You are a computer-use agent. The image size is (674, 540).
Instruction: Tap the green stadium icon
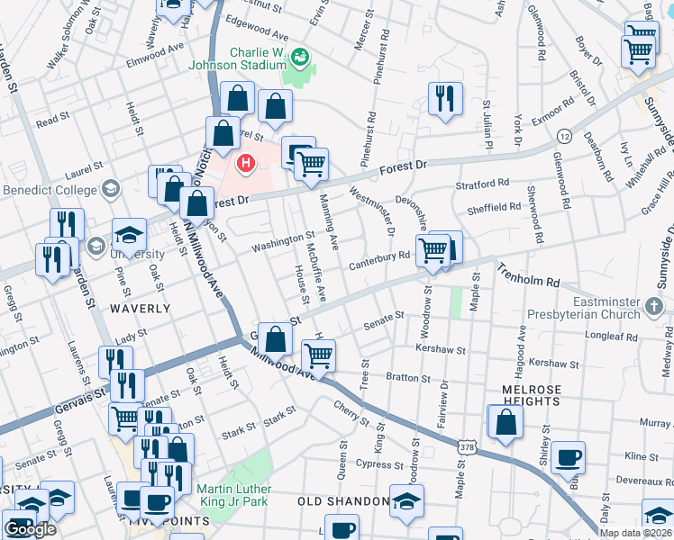[x=299, y=58]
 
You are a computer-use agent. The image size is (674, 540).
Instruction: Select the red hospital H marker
[x=245, y=164]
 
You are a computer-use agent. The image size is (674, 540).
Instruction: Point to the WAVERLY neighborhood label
[x=140, y=308]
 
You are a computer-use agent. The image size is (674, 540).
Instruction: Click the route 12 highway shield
[x=564, y=135]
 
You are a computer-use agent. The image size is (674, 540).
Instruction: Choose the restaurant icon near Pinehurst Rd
[x=444, y=99]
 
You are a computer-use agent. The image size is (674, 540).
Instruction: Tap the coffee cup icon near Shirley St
[x=567, y=457]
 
